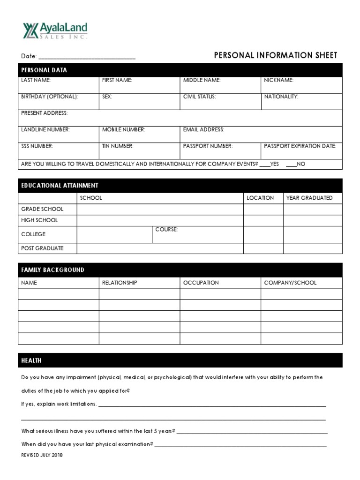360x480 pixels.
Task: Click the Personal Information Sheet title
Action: [275, 55]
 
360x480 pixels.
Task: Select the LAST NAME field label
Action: [36, 80]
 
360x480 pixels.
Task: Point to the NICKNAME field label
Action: [278, 80]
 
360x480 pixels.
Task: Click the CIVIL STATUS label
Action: [199, 97]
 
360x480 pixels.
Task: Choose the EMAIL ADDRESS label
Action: [203, 129]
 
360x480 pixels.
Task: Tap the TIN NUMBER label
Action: [118, 146]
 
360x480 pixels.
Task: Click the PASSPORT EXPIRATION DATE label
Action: [300, 146]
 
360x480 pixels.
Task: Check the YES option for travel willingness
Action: [265, 164]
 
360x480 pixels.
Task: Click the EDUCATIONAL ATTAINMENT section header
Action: [60, 186]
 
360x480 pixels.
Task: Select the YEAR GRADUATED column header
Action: [309, 198]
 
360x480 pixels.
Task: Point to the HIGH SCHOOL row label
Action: [39, 220]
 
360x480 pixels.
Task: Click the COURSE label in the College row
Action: [166, 229]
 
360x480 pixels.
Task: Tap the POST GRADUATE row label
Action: [42, 248]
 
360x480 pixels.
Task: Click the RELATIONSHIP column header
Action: [120, 283]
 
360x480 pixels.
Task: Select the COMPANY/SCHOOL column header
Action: [290, 283]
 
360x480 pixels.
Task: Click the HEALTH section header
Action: [31, 360]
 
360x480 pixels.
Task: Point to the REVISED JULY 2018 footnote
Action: [42, 455]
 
